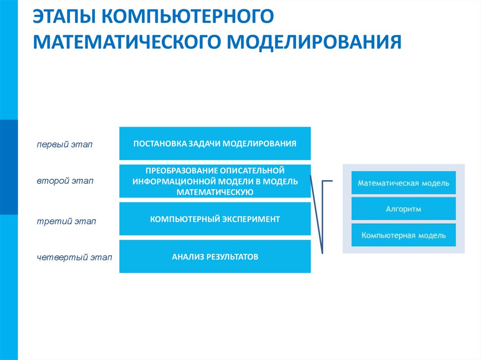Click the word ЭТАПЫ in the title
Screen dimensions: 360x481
[x=63, y=17]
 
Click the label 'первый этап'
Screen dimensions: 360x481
[x=59, y=144]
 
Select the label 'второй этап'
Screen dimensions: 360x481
[x=59, y=181]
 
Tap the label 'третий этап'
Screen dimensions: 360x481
[x=60, y=221]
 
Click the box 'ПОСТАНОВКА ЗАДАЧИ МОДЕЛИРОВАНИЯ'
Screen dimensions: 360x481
[x=215, y=143]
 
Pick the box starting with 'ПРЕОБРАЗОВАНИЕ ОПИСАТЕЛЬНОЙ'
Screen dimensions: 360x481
[x=215, y=181]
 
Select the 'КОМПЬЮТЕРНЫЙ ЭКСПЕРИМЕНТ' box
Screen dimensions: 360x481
[x=215, y=219]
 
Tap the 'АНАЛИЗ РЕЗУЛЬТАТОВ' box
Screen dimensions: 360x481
[x=215, y=257]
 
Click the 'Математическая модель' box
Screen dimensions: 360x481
[x=403, y=183]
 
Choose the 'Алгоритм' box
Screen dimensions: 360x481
[x=403, y=209]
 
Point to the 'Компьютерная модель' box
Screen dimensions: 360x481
[x=403, y=235]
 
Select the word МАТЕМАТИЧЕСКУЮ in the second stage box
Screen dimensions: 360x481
[x=215, y=191]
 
